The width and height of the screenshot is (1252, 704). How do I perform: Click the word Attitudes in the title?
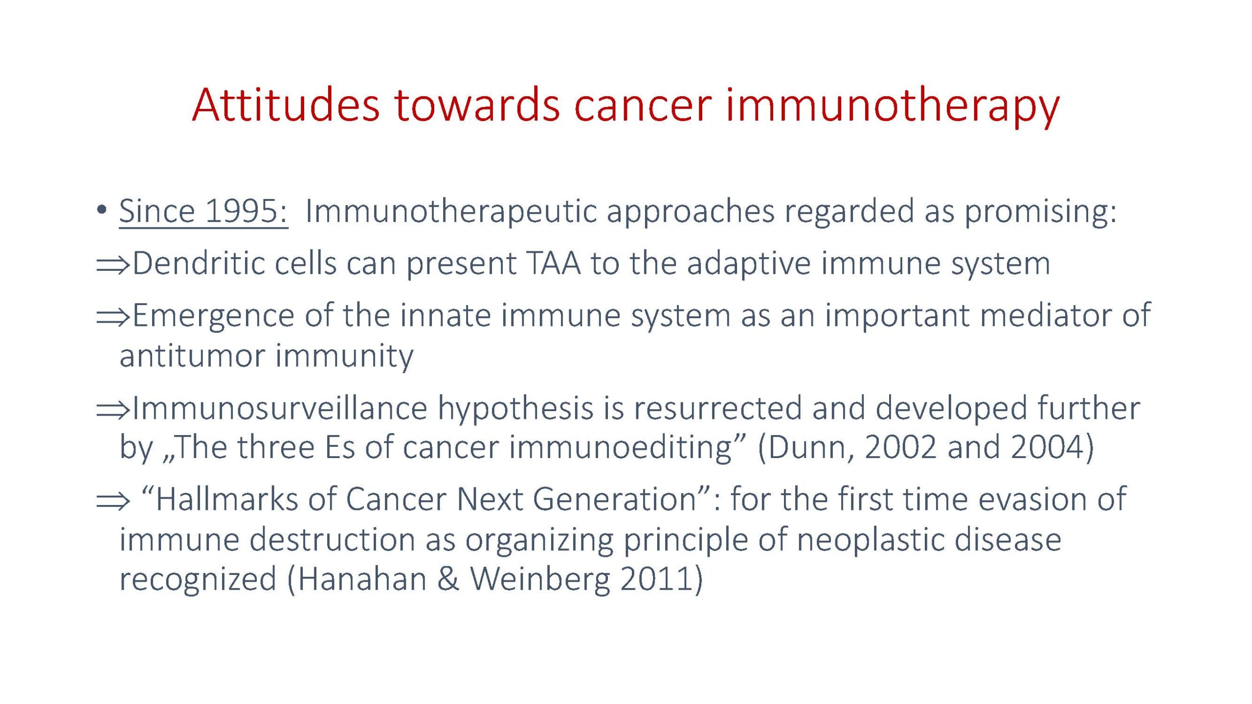click(x=286, y=105)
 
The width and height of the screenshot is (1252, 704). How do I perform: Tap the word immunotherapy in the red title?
click(x=893, y=108)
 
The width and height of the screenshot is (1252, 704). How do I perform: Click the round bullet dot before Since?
click(x=102, y=210)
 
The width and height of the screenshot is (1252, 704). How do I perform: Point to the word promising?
click(x=1040, y=213)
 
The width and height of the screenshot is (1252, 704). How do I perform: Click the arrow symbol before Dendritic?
click(x=113, y=265)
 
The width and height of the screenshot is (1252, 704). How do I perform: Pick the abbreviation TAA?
click(x=554, y=264)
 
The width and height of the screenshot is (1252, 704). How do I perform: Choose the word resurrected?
click(x=718, y=409)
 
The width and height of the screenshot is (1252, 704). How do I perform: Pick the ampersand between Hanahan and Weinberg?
click(x=448, y=580)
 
